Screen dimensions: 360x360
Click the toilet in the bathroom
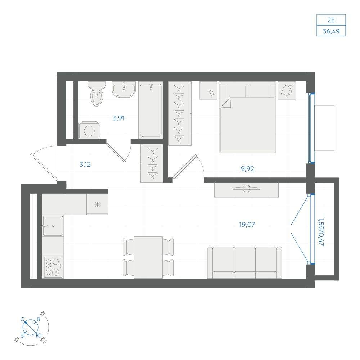(96, 94)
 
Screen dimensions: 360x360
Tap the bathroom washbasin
(124, 89)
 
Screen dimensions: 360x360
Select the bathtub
(150, 110)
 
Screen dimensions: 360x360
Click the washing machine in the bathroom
(89, 130)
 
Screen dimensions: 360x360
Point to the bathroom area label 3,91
(119, 118)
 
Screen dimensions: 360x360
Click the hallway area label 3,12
(85, 165)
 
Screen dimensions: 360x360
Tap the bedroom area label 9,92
(247, 169)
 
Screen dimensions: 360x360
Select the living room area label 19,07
(247, 224)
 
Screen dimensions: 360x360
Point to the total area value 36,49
(331, 31)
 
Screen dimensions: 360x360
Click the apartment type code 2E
(331, 20)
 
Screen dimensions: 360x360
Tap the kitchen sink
(53, 226)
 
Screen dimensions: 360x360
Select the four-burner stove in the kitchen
(53, 267)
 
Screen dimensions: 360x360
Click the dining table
(148, 257)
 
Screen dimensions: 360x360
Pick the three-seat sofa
(244, 263)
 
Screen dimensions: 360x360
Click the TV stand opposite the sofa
(246, 190)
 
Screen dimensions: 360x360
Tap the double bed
(247, 117)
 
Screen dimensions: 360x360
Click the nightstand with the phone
(208, 91)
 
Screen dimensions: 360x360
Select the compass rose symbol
(31, 327)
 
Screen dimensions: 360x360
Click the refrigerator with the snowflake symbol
(97, 204)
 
